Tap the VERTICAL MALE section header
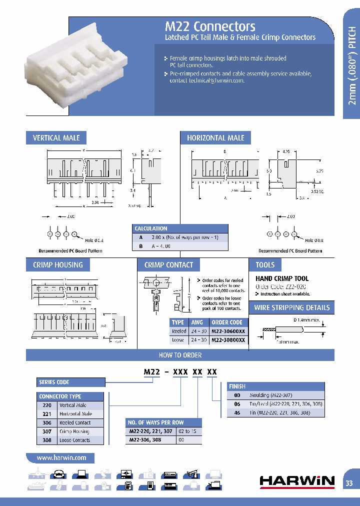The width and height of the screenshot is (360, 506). pyautogui.click(x=56, y=138)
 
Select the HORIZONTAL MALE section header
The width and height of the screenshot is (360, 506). pyautogui.click(x=215, y=138)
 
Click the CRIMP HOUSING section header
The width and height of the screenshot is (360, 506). pyautogui.click(x=58, y=265)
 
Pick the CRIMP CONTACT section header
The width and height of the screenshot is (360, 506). pyautogui.click(x=168, y=265)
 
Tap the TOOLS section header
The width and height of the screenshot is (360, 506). pyautogui.click(x=265, y=265)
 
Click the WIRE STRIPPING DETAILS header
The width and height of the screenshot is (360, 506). pyautogui.click(x=292, y=307)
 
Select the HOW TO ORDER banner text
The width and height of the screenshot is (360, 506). pyautogui.click(x=180, y=355)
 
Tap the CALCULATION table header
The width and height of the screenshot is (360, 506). pyautogui.click(x=151, y=228)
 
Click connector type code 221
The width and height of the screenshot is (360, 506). pyautogui.click(x=47, y=414)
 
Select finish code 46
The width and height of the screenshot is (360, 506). pyautogui.click(x=237, y=413)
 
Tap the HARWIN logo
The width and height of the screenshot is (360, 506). pyautogui.click(x=297, y=481)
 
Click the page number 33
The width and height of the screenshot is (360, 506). pyautogui.click(x=349, y=483)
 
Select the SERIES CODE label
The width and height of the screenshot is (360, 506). pyautogui.click(x=54, y=382)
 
